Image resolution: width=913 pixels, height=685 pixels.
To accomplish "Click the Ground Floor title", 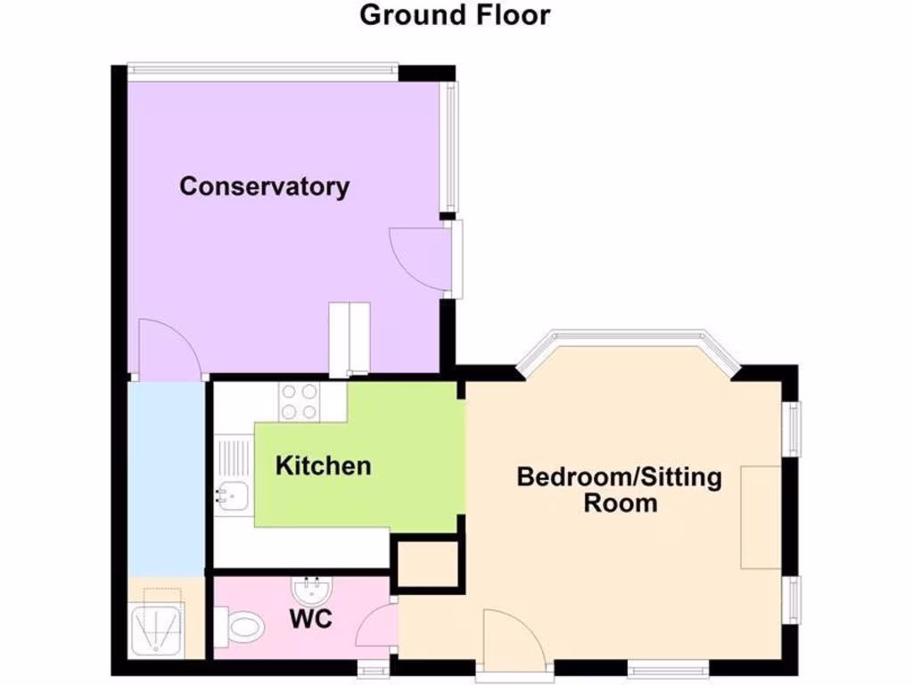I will [x=455, y=15].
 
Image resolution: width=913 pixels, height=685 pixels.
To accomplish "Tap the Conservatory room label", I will [x=265, y=186].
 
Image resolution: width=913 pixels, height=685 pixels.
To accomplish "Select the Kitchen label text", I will [x=323, y=466].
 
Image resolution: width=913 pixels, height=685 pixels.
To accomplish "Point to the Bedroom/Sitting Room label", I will [x=620, y=489].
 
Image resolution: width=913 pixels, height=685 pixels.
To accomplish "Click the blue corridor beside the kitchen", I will [x=165, y=477].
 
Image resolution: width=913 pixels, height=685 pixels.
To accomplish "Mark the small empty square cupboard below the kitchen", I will [x=427, y=565].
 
